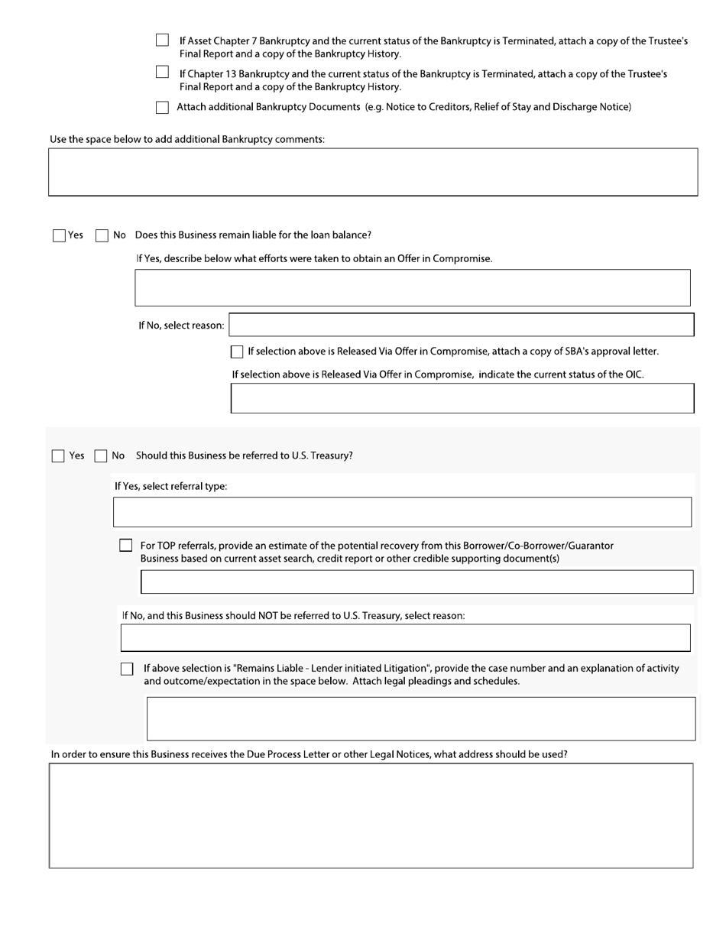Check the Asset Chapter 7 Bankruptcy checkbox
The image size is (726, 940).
[x=162, y=41]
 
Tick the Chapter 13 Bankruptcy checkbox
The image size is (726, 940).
[x=162, y=73]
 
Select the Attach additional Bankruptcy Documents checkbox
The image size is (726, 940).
[x=162, y=108]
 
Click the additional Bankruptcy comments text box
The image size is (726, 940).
[x=373, y=172]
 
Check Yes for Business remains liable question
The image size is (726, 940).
[x=59, y=235]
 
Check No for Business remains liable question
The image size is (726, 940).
[x=102, y=235]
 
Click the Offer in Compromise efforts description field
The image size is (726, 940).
[x=413, y=287]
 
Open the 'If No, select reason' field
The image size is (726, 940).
[x=462, y=325]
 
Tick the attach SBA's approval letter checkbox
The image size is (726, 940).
[x=237, y=352]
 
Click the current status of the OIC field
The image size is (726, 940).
[x=462, y=398]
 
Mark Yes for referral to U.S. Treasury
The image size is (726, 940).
[x=58, y=456]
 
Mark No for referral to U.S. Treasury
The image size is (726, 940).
[x=101, y=456]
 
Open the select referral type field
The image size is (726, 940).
[x=402, y=512]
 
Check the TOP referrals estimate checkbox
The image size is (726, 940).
[x=126, y=546]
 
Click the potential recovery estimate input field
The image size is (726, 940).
[x=417, y=582]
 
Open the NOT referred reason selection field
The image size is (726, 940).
[x=405, y=637]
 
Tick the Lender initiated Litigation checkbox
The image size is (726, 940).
[x=127, y=669]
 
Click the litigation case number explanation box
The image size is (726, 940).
[x=421, y=718]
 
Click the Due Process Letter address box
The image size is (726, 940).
[x=371, y=815]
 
